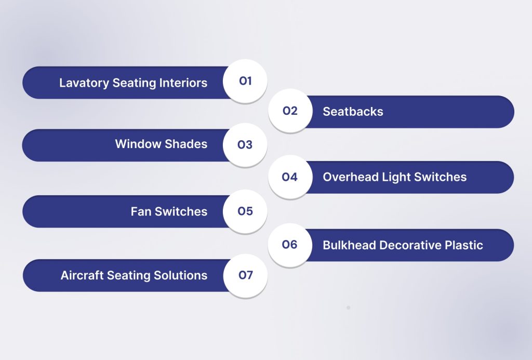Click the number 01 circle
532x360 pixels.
(x=245, y=81)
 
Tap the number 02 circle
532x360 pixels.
(x=290, y=111)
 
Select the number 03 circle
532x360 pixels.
(x=245, y=145)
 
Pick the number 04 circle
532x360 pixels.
(x=290, y=177)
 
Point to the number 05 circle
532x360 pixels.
(x=245, y=211)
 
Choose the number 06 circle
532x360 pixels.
(x=290, y=245)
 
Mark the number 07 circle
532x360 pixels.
(x=245, y=275)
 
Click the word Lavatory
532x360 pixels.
(x=83, y=83)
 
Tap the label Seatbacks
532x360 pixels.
(x=353, y=112)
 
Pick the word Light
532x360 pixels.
(x=396, y=178)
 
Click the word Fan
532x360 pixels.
(x=141, y=211)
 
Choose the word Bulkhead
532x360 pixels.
(x=350, y=245)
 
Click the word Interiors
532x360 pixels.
(x=182, y=83)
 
